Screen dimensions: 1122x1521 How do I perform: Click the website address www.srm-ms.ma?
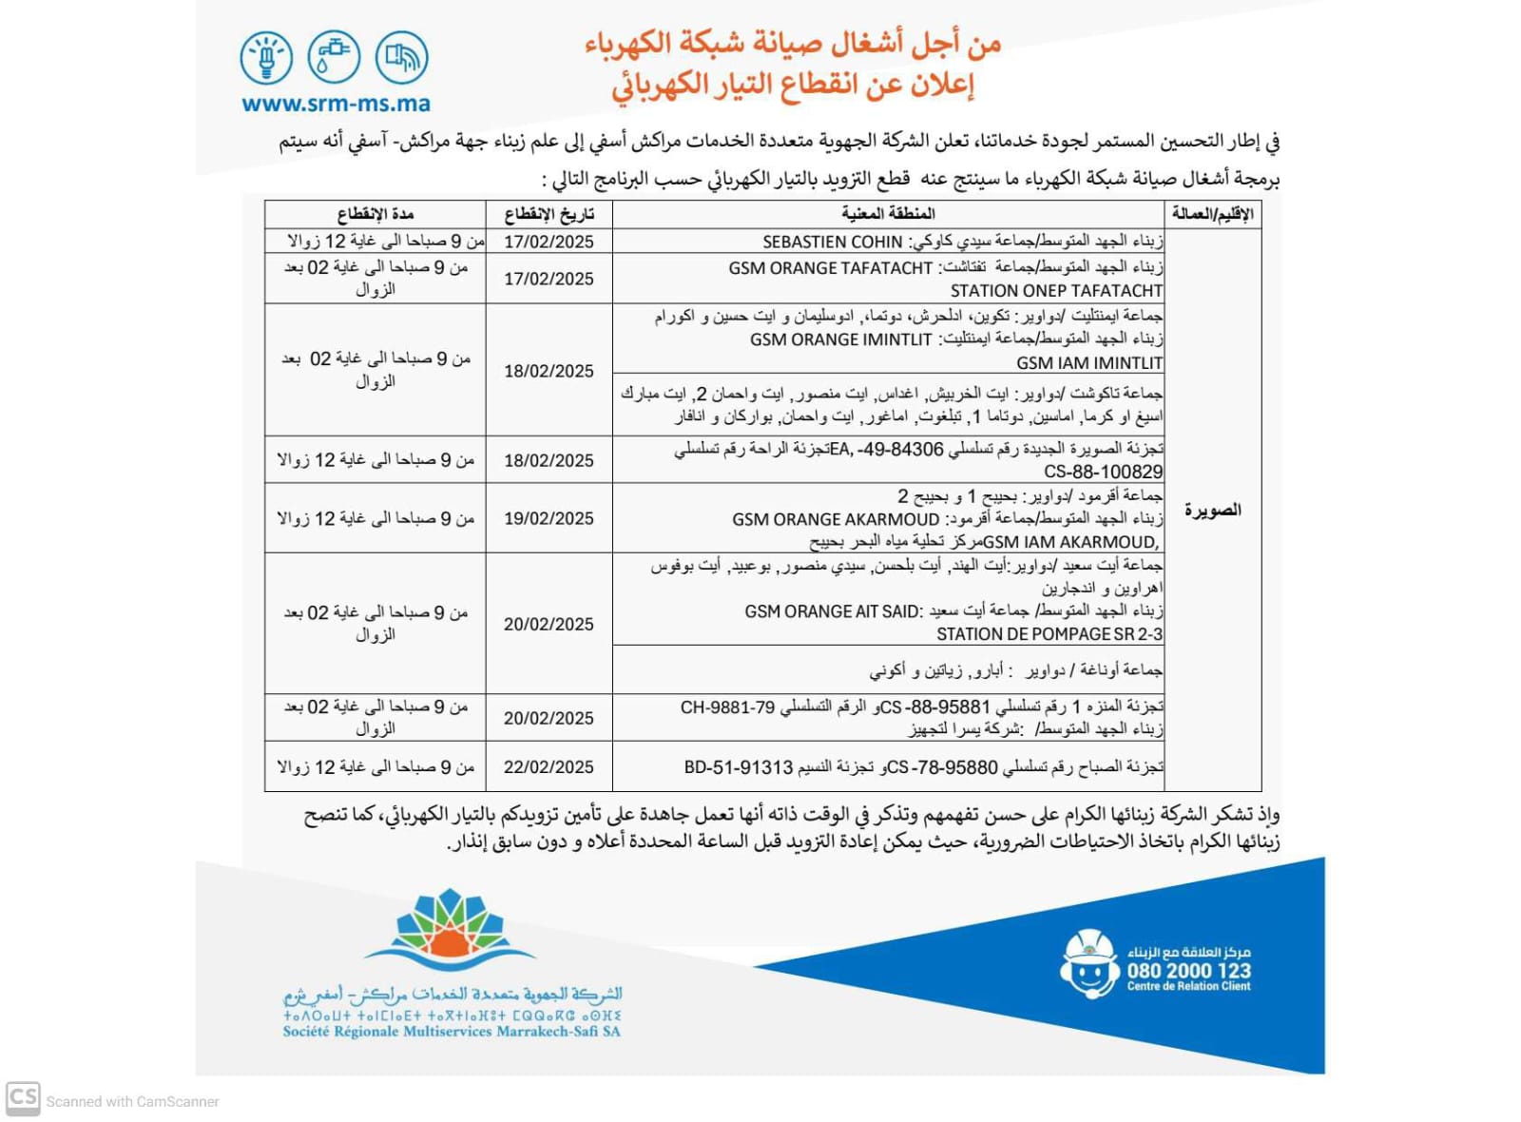pos(336,104)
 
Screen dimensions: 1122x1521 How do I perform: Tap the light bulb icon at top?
pos(266,56)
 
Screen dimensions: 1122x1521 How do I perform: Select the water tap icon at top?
pos(334,56)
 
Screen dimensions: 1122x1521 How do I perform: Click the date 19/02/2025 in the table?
pos(549,518)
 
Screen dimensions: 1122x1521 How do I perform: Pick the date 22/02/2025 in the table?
pos(549,767)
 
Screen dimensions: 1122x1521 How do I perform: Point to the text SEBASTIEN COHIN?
pos(832,242)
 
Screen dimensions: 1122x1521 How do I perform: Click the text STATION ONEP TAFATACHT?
pos(1056,291)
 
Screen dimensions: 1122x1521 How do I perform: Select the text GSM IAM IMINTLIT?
pos(1089,362)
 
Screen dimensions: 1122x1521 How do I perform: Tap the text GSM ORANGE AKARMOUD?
pos(836,519)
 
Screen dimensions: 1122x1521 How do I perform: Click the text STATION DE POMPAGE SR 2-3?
pos(1049,634)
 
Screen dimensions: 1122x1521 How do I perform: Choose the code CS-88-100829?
pos(1103,472)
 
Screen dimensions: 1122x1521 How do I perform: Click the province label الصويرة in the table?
pos(1213,511)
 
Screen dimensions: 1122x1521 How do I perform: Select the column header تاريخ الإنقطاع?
pos(549,214)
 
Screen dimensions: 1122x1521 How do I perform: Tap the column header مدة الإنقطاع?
pos(375,214)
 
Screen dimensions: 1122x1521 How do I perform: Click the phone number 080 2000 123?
pos(1188,971)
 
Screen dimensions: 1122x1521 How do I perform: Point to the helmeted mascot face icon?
pos(1089,964)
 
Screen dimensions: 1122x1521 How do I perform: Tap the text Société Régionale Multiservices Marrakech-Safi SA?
pos(452,1032)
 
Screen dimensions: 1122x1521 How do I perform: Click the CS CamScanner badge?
pos(23,1098)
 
